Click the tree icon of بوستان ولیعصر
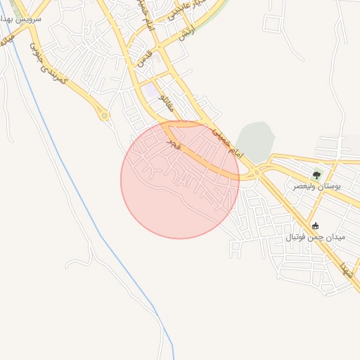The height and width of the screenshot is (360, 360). pos(316,176)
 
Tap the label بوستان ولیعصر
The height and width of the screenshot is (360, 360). pos(316,188)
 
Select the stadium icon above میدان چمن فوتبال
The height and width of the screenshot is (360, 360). pos(315,226)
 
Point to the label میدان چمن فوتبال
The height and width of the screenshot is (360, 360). pos(315,238)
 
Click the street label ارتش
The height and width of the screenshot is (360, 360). pos(186,31)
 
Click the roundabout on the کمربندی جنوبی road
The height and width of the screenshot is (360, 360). pos(105,115)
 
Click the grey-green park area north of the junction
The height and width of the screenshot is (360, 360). pos(255,141)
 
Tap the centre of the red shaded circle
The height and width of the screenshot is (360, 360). pos(180,180)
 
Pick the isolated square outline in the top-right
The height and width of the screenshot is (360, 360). pos(272,23)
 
